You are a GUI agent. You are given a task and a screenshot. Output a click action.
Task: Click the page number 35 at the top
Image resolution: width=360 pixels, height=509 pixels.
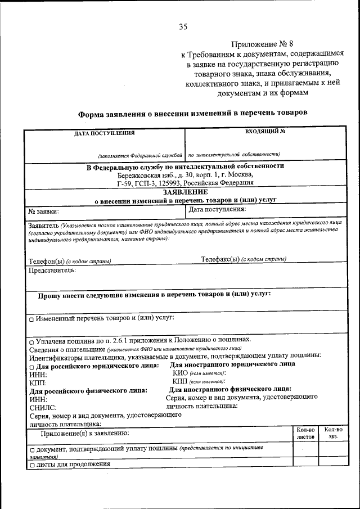(x=183, y=26)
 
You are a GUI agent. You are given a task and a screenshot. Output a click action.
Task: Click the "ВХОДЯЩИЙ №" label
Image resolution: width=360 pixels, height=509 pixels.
(x=265, y=132)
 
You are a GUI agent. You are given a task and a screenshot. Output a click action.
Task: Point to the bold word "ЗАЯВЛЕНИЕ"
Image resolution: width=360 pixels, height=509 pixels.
(x=185, y=191)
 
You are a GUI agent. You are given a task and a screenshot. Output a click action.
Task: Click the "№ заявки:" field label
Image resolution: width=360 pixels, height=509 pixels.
(x=44, y=211)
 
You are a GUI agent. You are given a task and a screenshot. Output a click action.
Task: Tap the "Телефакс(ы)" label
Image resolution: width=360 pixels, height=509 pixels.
(x=220, y=259)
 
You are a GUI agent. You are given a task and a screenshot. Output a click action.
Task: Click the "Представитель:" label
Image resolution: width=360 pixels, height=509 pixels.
(x=52, y=270)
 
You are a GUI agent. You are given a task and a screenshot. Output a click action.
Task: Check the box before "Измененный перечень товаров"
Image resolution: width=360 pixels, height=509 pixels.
(x=31, y=319)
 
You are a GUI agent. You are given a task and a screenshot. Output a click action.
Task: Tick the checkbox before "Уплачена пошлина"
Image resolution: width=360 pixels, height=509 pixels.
(x=31, y=341)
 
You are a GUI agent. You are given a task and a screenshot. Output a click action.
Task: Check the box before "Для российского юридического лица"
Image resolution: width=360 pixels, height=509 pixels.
(x=31, y=366)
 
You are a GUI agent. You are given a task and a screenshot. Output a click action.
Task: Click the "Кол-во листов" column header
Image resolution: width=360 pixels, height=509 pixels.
(x=305, y=433)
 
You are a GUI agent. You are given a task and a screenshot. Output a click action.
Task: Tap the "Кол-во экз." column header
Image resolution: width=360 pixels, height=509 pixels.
(x=333, y=433)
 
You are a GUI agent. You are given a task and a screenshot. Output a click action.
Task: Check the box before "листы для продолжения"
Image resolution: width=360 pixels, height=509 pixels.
(x=31, y=465)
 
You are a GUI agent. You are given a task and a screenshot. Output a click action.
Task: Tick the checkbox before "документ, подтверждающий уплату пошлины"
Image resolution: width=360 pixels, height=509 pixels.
(x=31, y=450)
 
